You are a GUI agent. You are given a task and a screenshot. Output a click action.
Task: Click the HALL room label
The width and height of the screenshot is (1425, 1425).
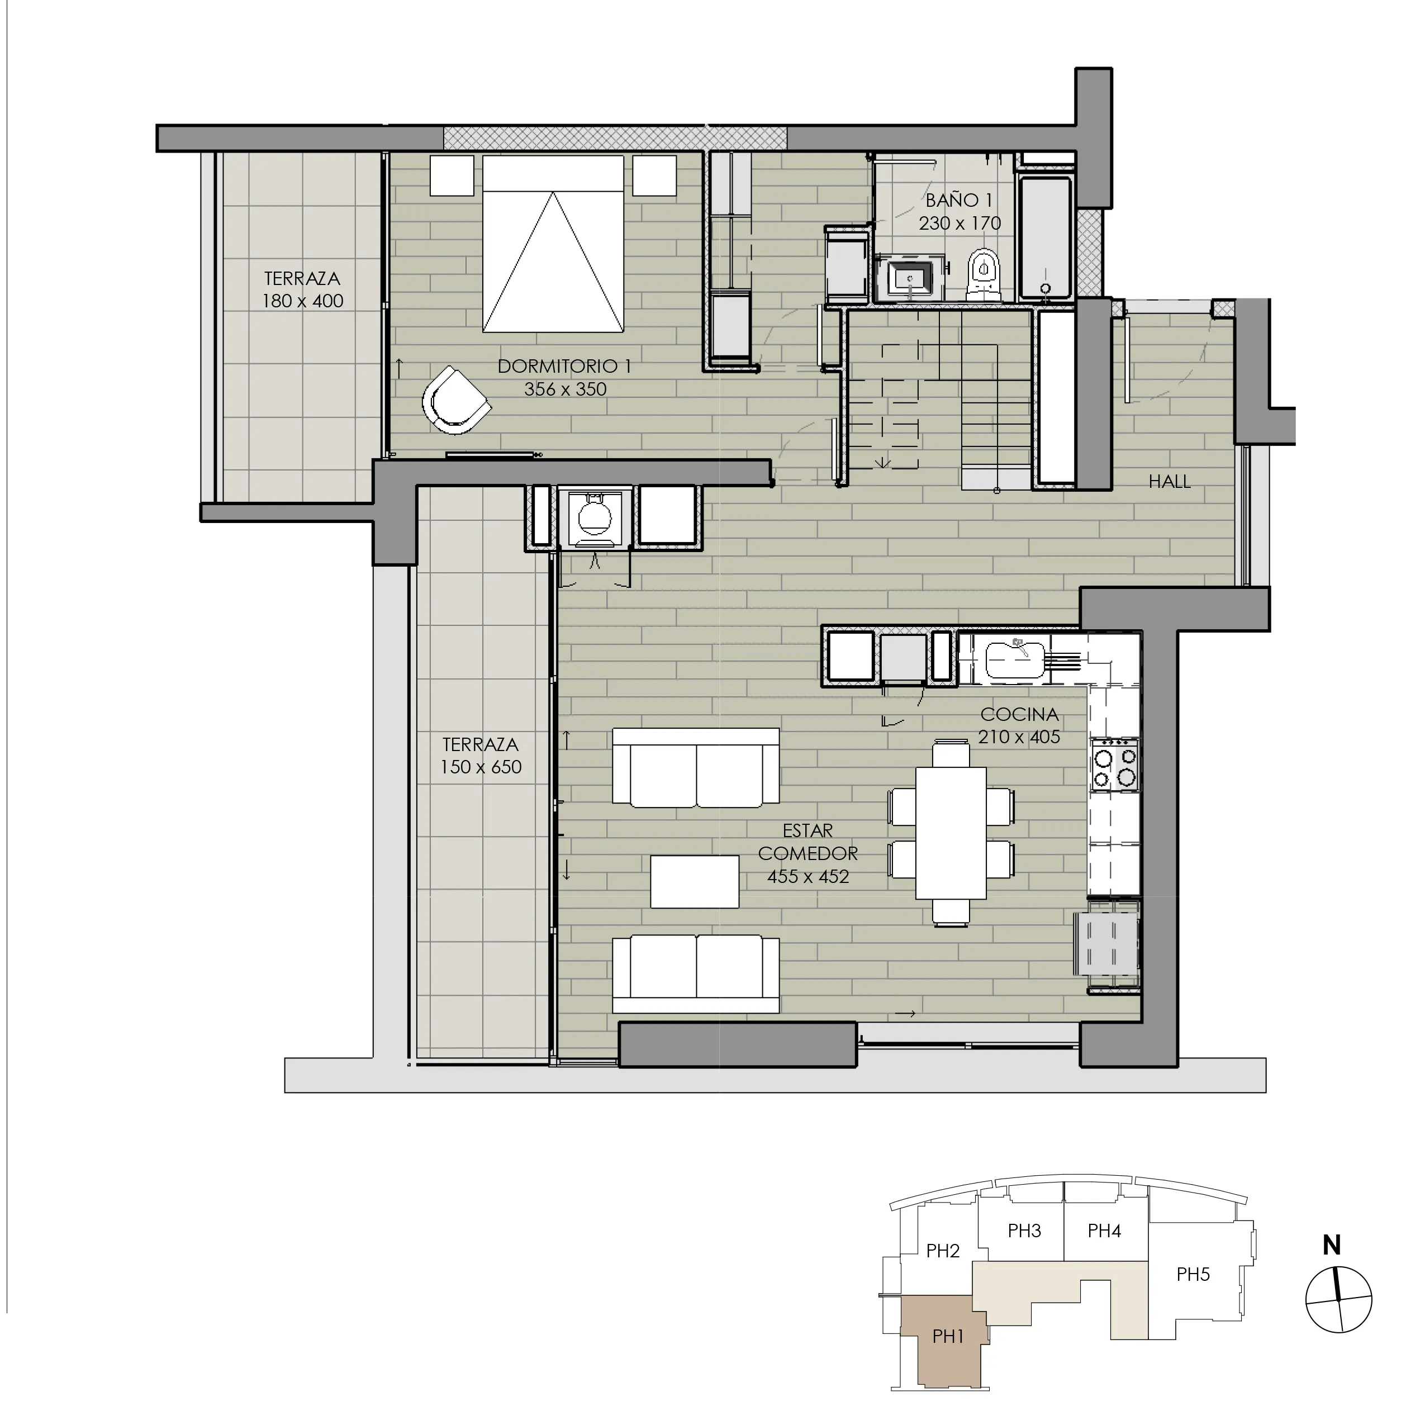point(1169,482)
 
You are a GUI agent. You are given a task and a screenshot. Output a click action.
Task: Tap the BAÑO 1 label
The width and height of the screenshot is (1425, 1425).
point(959,200)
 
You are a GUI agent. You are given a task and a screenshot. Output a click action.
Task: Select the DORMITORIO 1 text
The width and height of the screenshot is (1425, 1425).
point(564,366)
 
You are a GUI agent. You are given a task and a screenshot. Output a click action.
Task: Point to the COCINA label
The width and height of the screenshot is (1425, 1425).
point(1019,714)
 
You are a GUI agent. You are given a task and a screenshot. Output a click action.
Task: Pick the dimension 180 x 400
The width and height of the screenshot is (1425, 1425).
point(302,301)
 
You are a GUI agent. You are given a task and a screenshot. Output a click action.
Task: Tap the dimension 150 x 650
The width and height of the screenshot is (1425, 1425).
point(481,767)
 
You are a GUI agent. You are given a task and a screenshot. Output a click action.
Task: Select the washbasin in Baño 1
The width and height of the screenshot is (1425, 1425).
point(909,279)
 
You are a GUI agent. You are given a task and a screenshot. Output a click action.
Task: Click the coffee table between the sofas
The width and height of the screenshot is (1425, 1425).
point(694,881)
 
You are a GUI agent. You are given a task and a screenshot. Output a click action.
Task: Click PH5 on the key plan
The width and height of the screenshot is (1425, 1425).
point(1193,1274)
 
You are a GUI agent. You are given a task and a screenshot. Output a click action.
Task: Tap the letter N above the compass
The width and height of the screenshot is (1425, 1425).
point(1331,1246)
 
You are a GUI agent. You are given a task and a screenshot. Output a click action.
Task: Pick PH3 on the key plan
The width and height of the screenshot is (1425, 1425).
point(1024,1231)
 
